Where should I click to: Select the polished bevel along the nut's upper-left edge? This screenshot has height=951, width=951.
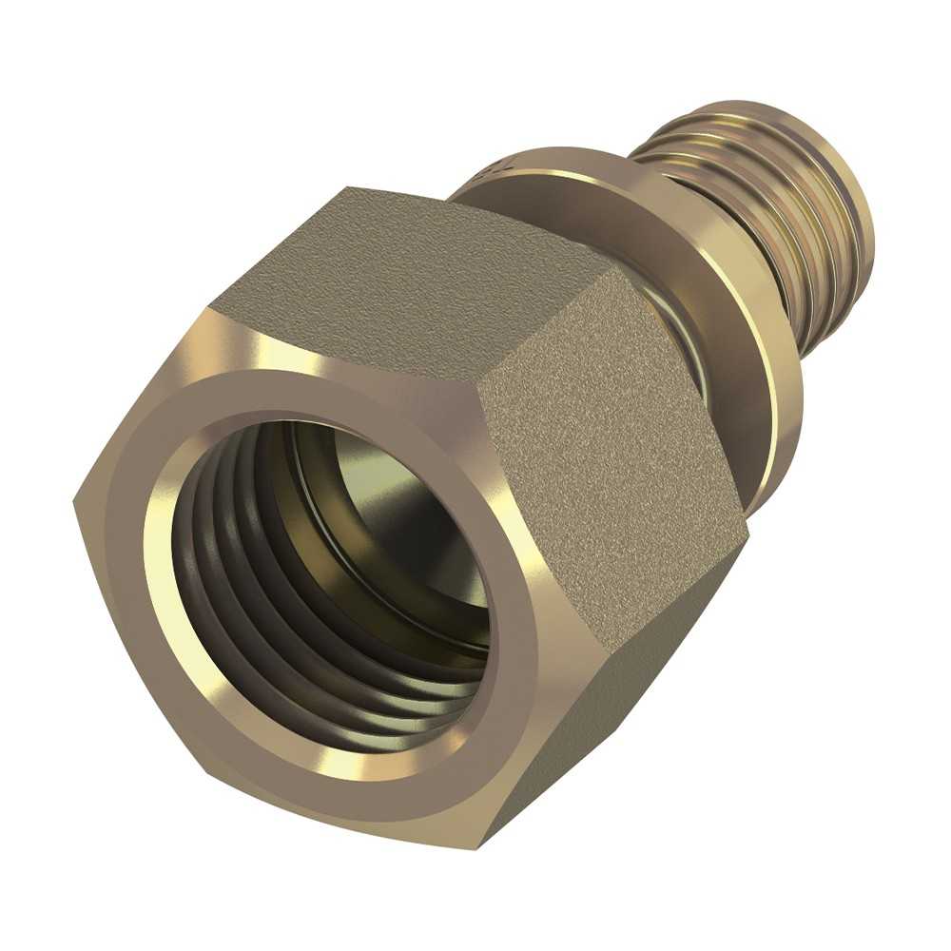[x=152, y=399]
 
